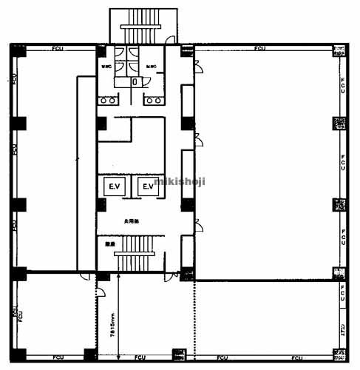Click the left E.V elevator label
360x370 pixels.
[114, 186]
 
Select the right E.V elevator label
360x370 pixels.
[148, 186]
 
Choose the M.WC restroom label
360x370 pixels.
[152, 68]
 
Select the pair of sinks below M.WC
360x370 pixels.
[154, 98]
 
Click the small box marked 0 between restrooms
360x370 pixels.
[134, 82]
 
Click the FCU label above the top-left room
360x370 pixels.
[56, 49]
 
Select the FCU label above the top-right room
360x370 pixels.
[259, 49]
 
